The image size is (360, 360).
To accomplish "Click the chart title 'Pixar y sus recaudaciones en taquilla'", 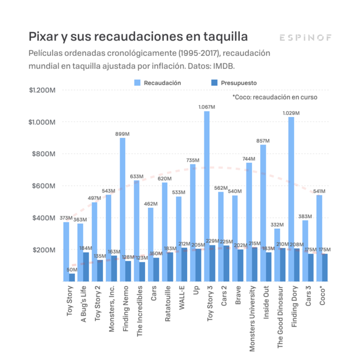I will click(x=138, y=37).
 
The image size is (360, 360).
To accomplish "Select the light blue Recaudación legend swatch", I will click(x=137, y=83).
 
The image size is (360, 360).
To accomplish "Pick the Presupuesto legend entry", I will click(x=233, y=83).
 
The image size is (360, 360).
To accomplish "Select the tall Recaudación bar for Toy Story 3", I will click(x=207, y=194).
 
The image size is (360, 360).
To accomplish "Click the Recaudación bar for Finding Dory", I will click(x=291, y=194).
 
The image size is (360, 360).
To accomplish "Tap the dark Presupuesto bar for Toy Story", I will click(x=72, y=277).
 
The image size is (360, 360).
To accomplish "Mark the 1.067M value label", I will click(x=207, y=107).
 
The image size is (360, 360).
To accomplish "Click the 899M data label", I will click(x=122, y=133).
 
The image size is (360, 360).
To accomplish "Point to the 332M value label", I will click(x=277, y=224).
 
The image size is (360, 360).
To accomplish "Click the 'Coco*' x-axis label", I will click(x=322, y=296).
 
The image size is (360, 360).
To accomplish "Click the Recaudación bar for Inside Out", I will click(x=263, y=205).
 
